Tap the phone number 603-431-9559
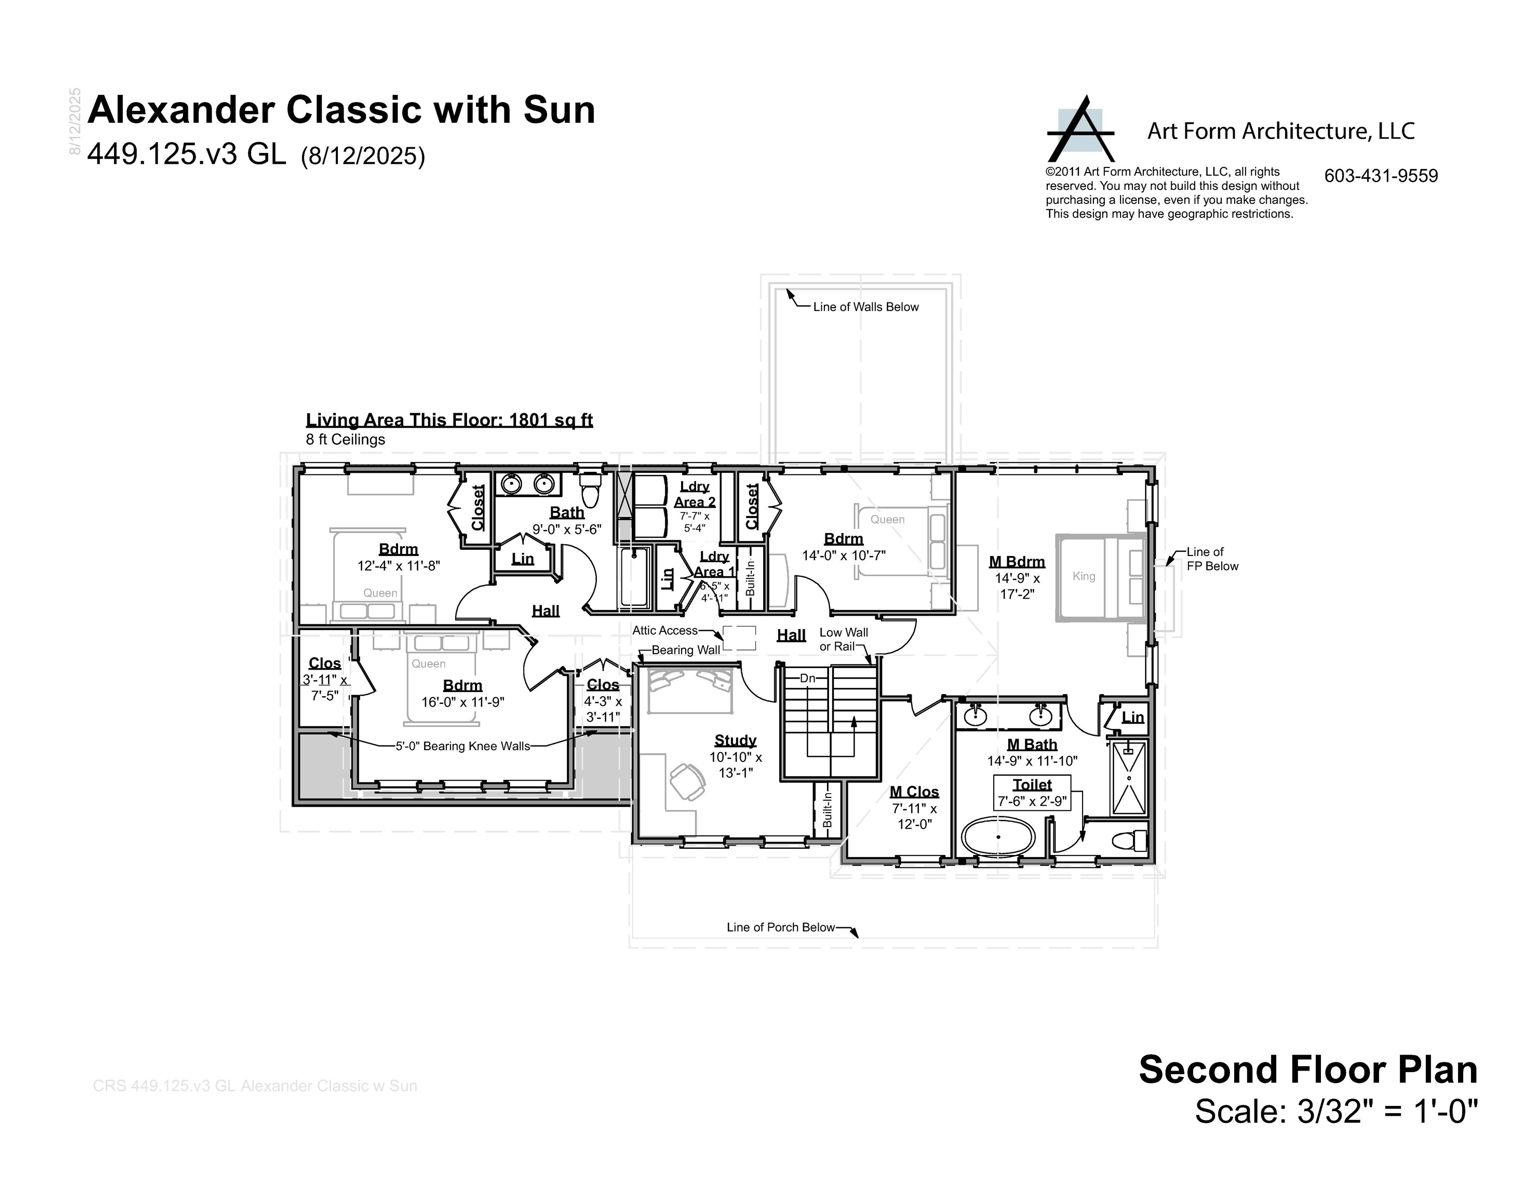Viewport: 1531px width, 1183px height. point(1381,176)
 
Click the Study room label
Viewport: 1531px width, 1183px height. point(734,740)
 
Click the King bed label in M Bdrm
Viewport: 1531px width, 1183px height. point(1083,576)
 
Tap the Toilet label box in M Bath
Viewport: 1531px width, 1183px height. point(1032,793)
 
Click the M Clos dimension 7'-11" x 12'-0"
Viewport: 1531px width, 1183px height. point(914,816)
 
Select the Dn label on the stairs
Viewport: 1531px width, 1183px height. point(807,678)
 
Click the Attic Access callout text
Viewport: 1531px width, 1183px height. point(665,631)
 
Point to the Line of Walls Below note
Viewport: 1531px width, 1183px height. point(865,307)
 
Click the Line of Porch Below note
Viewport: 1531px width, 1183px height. point(780,927)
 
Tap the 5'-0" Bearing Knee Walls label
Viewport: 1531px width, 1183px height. point(463,747)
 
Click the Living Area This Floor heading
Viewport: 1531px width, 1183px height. point(449,420)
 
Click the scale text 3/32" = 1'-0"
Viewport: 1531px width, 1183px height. point(1335,1131)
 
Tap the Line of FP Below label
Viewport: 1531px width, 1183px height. point(1212,559)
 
